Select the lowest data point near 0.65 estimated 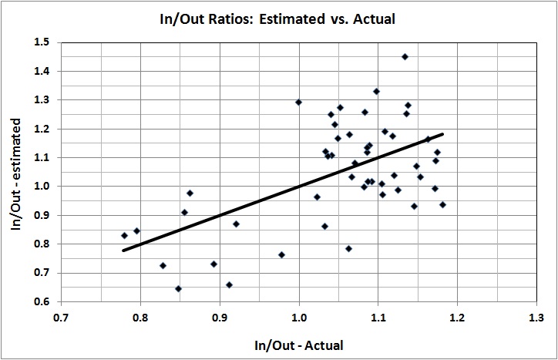click(178, 288)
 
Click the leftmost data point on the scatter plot click(124, 235)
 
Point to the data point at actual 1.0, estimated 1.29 click(299, 102)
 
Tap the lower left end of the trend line click(123, 251)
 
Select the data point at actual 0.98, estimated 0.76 click(282, 254)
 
